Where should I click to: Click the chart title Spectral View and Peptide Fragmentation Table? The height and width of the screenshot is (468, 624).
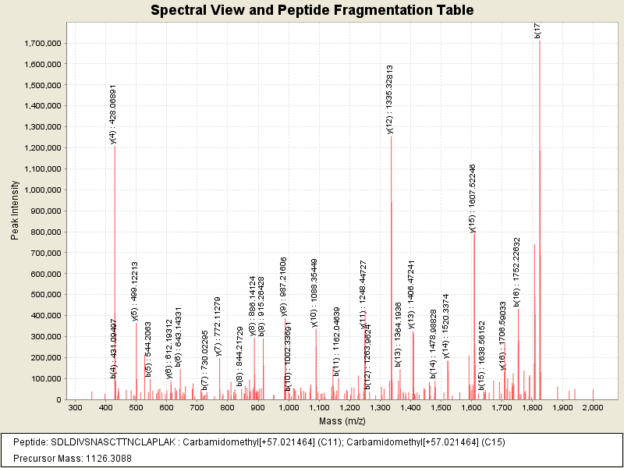coord(312,11)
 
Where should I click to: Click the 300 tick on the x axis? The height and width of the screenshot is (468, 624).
coord(75,408)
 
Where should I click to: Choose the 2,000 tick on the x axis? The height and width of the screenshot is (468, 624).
coord(593,408)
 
